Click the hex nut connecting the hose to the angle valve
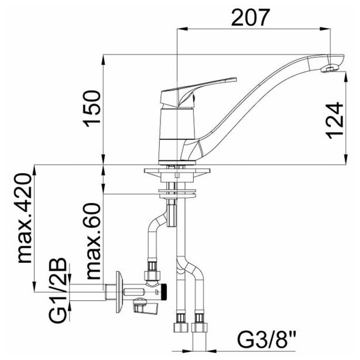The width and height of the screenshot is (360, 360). click(152, 273)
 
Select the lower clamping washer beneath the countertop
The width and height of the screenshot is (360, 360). click(176, 191)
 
